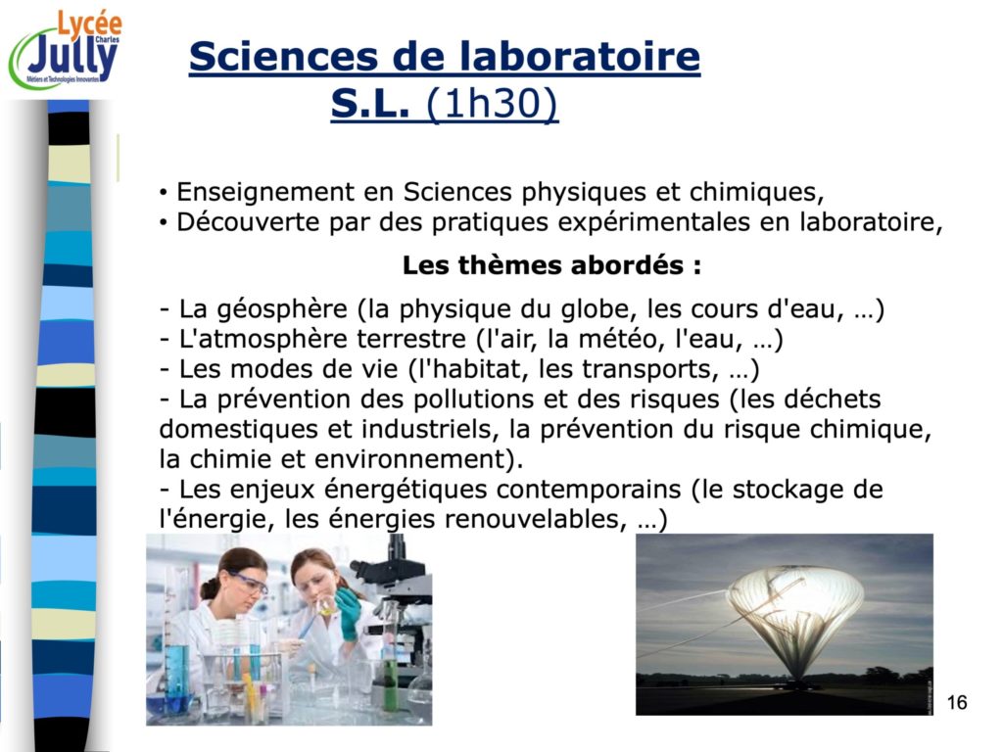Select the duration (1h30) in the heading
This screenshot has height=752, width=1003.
click(x=492, y=103)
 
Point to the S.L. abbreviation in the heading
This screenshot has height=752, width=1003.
click(x=370, y=104)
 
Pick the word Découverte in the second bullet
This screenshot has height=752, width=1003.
click(x=248, y=222)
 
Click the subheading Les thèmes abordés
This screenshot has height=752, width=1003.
click(x=552, y=264)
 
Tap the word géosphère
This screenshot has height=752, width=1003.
click(x=282, y=309)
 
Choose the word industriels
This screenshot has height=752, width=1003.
click(x=430, y=429)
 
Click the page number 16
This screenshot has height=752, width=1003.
click(x=957, y=702)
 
